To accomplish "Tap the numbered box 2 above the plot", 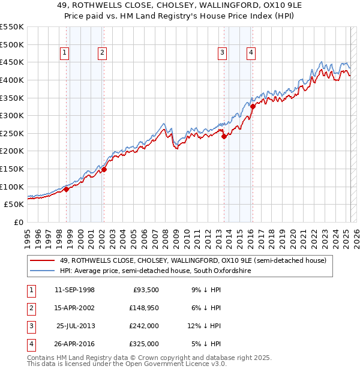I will tap(103, 53).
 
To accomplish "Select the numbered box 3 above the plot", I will tap(222, 53).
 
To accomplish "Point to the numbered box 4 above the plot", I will tap(250, 53).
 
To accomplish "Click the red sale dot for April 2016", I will tap(253, 106).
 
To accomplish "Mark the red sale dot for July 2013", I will tap(224, 136).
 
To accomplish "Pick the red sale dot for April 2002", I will tap(104, 169).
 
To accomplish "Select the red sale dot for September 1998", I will tap(66, 189).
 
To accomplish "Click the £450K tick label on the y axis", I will tap(12, 62).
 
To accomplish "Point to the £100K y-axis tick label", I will tap(12, 187).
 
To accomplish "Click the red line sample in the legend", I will tap(42, 260).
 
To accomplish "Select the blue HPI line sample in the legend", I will tap(42, 271).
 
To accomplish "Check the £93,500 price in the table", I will tap(144, 290).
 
